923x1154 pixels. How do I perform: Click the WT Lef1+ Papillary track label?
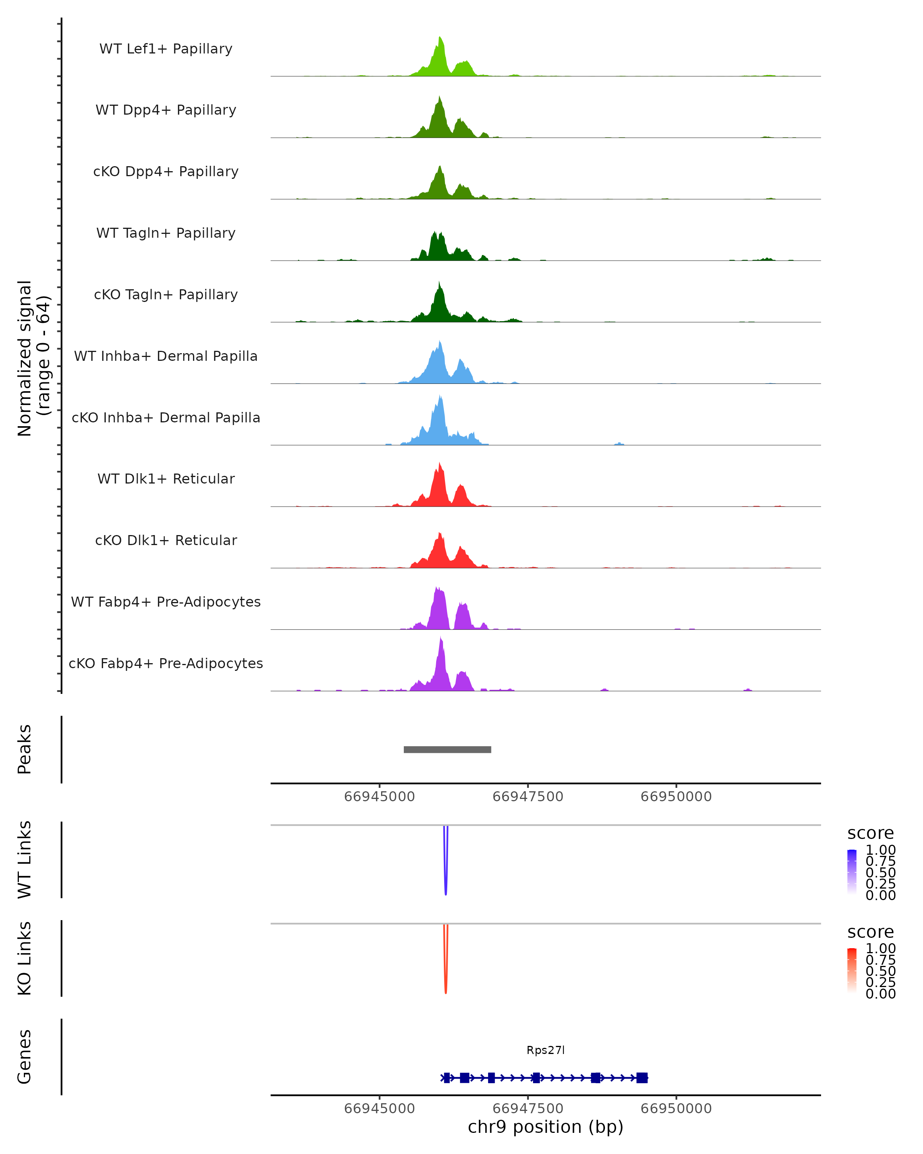[x=166, y=49]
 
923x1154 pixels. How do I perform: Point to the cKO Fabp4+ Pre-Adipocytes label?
[x=166, y=663]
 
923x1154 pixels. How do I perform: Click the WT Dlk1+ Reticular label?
[x=166, y=479]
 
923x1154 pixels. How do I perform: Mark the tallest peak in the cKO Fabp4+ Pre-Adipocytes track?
[x=441, y=639]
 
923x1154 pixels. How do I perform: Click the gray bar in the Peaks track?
[x=447, y=749]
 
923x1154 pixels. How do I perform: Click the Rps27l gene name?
[x=545, y=1050]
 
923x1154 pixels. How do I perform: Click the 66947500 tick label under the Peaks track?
[x=528, y=797]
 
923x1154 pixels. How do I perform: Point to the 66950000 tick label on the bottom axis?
[x=676, y=1109]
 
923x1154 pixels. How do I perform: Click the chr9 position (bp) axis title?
[x=545, y=1127]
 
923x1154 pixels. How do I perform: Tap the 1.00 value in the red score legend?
[x=881, y=949]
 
